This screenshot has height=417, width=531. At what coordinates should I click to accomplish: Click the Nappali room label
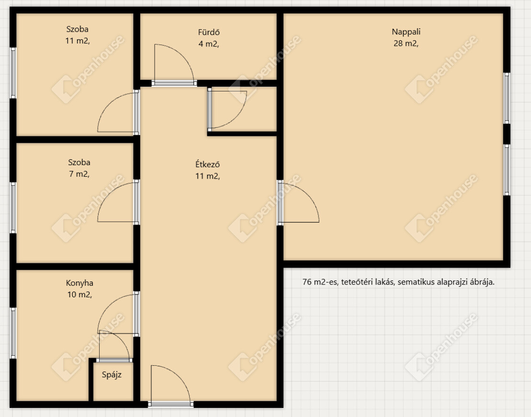406,32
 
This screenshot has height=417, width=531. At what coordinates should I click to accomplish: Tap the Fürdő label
209,32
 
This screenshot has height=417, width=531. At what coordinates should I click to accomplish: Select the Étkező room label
208,164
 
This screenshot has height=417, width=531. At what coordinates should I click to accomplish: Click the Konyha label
79,283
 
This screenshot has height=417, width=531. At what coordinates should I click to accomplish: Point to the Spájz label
112,375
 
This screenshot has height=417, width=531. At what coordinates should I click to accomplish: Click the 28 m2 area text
406,44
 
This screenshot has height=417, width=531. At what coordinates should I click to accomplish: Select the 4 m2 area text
209,44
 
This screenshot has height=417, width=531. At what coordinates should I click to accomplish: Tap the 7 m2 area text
79,174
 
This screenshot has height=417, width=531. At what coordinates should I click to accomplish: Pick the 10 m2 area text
79,295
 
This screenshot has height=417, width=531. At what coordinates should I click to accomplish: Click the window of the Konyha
13,333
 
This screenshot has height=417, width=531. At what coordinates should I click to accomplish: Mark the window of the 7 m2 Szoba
13,208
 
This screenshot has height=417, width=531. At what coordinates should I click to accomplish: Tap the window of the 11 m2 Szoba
13,73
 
